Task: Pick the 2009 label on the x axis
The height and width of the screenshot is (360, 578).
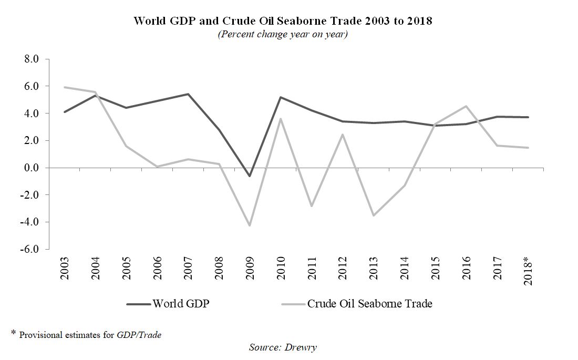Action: click(x=250, y=269)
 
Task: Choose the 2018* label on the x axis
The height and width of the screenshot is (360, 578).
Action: click(x=528, y=271)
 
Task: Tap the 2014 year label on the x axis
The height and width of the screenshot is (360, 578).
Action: click(x=405, y=269)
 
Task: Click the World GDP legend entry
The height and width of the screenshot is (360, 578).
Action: click(x=180, y=304)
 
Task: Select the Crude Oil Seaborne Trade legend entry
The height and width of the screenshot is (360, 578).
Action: click(x=369, y=304)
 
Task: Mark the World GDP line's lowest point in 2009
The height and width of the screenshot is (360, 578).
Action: click(x=250, y=176)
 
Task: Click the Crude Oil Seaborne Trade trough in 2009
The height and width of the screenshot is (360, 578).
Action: click(x=250, y=225)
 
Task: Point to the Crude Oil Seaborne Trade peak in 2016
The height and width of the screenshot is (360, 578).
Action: click(x=466, y=106)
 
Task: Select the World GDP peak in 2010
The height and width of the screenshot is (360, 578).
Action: click(x=281, y=97)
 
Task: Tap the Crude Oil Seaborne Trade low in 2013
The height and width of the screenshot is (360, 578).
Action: click(x=374, y=215)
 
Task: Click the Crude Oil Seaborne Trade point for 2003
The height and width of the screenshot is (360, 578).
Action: click(x=64, y=87)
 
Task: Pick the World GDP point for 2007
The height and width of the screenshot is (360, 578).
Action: click(x=188, y=94)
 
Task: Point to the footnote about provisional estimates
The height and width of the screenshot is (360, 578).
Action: click(x=87, y=334)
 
